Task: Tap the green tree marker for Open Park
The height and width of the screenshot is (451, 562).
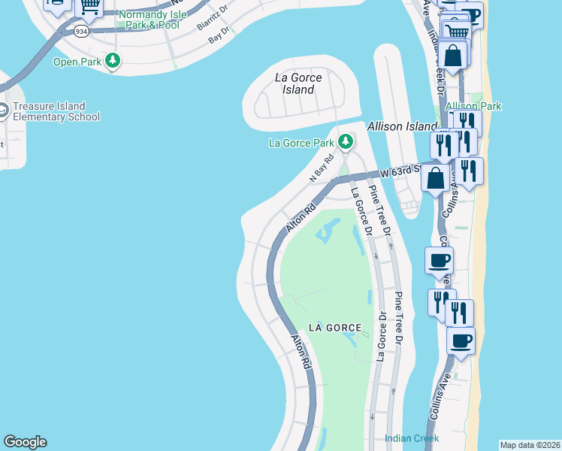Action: point(113,60)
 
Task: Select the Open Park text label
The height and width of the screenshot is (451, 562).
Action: point(76,62)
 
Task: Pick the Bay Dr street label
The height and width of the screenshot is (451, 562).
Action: point(219,35)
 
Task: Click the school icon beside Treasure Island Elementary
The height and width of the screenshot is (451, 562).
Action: point(3,111)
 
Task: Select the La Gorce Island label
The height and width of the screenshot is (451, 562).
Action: point(298,83)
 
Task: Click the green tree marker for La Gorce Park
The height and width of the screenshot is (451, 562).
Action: point(345,141)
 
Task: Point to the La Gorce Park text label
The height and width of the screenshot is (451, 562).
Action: point(301,143)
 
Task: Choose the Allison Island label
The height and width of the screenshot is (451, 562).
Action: point(402,126)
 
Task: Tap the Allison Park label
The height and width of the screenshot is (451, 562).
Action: point(473,107)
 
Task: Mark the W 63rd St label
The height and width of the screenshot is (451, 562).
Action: point(399,171)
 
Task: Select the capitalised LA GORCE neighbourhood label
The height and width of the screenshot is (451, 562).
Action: point(336,328)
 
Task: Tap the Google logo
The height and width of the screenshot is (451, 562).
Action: point(25,442)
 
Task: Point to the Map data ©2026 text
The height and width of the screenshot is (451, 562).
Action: point(530,445)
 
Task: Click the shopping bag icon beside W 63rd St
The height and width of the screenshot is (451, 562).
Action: point(436,179)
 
